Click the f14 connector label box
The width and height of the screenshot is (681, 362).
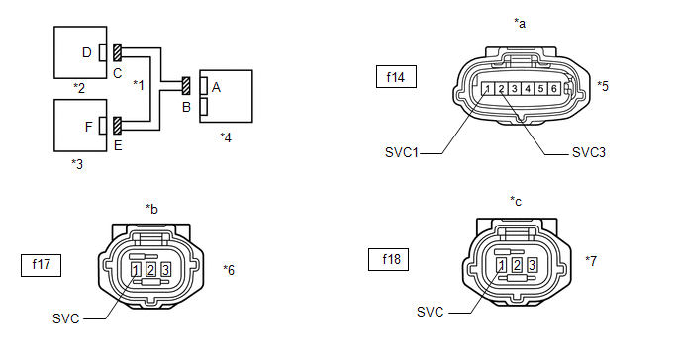tap(396, 77)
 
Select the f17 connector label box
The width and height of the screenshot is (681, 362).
tap(41, 265)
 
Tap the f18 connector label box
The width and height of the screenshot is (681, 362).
tap(388, 259)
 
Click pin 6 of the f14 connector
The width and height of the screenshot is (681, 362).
tap(553, 89)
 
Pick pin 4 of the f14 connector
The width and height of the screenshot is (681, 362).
tap(528, 89)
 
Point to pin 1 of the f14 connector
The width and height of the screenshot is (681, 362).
tap(488, 89)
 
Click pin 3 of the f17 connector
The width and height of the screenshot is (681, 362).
tap(165, 270)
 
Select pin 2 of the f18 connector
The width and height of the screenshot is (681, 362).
tap(517, 265)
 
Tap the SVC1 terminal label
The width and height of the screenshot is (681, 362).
tap(401, 152)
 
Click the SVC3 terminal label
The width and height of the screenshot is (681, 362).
tap(589, 152)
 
